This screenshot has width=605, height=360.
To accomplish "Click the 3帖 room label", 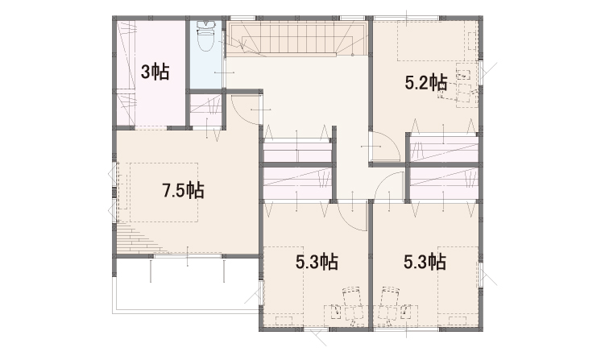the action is (x=155, y=72).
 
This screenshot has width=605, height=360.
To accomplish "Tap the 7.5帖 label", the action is (x=183, y=190).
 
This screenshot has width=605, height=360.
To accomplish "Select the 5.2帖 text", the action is (x=426, y=83).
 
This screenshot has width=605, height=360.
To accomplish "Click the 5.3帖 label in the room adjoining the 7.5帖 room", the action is (x=317, y=263).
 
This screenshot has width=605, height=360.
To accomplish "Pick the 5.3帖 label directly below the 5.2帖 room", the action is (x=425, y=263).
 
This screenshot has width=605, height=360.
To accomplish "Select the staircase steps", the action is (x=295, y=37).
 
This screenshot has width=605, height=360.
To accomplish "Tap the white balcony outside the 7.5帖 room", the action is (x=185, y=283).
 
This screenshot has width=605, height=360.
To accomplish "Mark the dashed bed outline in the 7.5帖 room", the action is (x=164, y=192).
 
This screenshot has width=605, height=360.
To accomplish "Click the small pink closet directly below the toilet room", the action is (x=205, y=110).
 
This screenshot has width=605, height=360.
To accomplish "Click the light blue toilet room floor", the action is (x=205, y=55).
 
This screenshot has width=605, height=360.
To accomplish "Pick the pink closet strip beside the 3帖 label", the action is (x=126, y=73).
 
